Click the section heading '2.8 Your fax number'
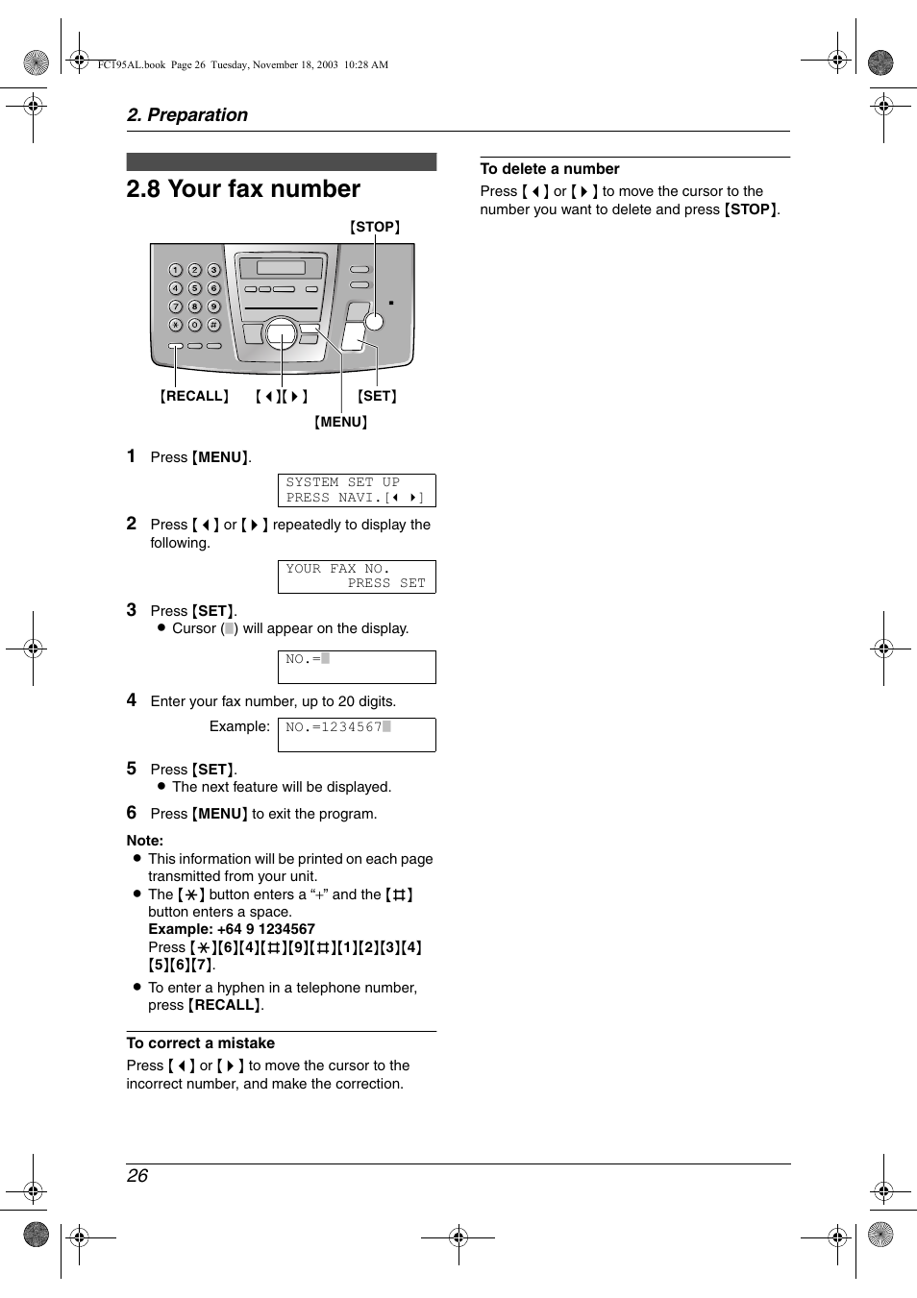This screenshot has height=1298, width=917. tap(243, 189)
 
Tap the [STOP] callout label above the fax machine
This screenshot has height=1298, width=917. tap(375, 228)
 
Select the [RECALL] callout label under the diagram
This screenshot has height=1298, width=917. tap(194, 396)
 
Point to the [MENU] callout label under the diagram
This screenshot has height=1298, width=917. tap(341, 422)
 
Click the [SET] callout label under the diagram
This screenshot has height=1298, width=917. tap(377, 396)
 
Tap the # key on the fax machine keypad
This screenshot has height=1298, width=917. tap(213, 325)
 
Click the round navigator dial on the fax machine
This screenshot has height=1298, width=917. tap(281, 333)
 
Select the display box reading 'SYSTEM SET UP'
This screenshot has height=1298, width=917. tap(357, 490)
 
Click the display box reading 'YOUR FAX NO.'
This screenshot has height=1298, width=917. tap(357, 576)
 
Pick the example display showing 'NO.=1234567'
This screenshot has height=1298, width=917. tap(357, 734)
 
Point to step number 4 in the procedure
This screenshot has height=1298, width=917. tap(132, 700)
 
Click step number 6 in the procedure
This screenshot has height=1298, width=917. tap(132, 813)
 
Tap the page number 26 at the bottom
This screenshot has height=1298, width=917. tap(137, 1176)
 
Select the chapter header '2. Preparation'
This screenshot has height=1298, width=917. tap(187, 115)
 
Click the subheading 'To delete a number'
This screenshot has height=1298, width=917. tap(550, 169)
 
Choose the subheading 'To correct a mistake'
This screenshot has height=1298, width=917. tap(200, 1043)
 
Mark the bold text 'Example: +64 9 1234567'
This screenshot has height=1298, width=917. tap(232, 929)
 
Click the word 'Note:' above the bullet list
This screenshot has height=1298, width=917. tap(145, 841)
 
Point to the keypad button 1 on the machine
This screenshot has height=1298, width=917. tap(176, 270)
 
